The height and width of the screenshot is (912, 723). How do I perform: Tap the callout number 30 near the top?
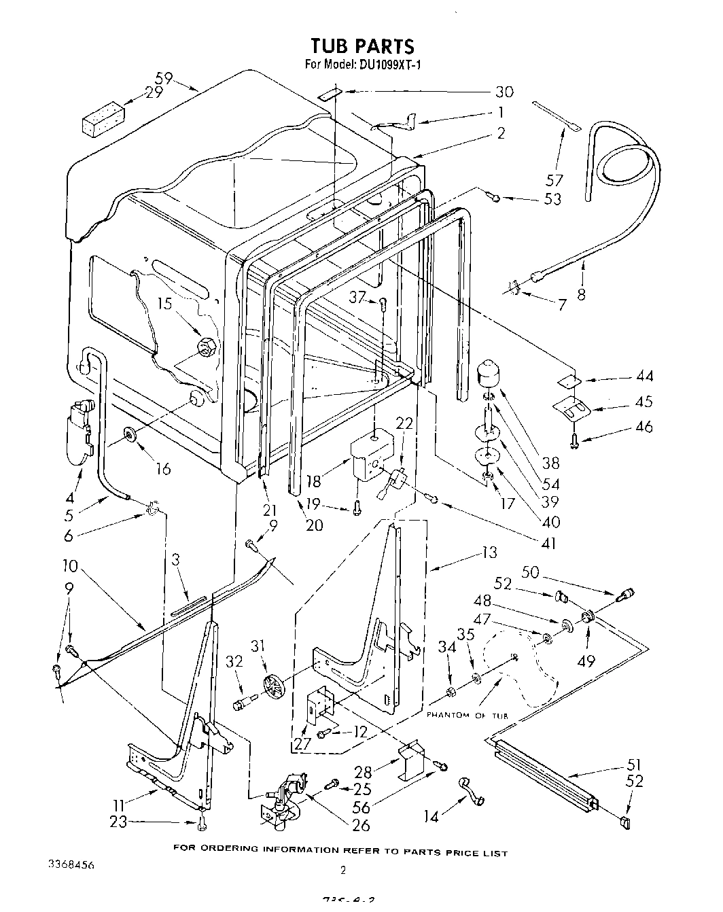504,92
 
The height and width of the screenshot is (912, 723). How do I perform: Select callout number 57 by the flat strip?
554,180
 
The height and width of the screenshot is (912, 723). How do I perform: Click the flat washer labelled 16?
130,434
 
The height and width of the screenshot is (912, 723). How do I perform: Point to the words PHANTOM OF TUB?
468,716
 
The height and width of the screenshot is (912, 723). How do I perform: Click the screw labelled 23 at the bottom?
202,824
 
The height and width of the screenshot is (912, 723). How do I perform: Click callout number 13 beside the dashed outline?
489,552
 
